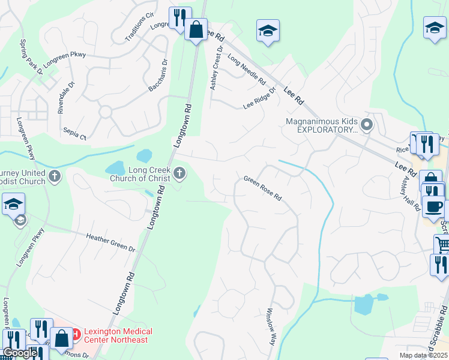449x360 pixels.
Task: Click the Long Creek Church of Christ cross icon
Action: coord(179,175)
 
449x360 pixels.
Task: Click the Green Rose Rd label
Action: coord(262,188)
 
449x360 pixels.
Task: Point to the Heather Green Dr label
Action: coord(112,243)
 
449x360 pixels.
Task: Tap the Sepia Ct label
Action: coord(74,133)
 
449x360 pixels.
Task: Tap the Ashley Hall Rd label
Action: coord(412,193)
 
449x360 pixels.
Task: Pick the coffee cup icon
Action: coord(433,206)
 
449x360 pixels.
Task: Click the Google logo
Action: coord(20,353)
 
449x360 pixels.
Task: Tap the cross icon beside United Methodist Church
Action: coord(55,176)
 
